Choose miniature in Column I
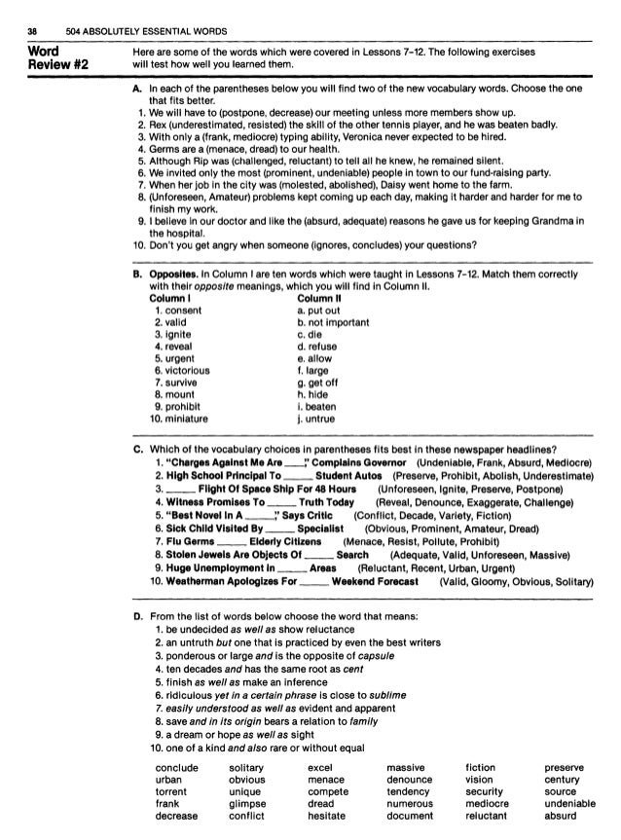pos(188,420)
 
